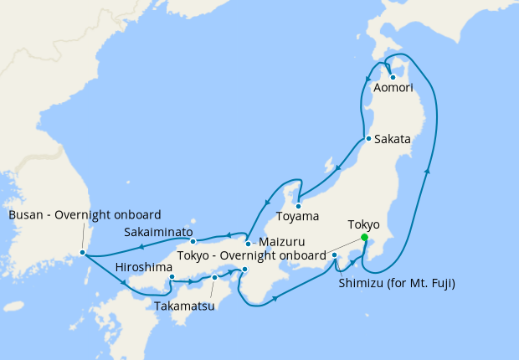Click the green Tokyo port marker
click(x=364, y=238)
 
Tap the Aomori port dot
click(x=393, y=78)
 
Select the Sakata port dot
click(x=368, y=138)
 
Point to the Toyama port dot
click(x=298, y=203)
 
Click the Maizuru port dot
click(x=248, y=244)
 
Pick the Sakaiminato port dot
click(x=193, y=242)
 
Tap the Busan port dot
click(x=82, y=252)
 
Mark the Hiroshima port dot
click(x=171, y=277)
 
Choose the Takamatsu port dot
click(x=214, y=277)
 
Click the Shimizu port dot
click(x=334, y=255)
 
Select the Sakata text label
click(x=393, y=139)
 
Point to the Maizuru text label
click(x=281, y=242)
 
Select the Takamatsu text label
click(x=184, y=306)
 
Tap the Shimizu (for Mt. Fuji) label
click(x=396, y=283)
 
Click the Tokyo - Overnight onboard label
click(x=251, y=255)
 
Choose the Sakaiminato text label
click(x=158, y=232)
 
